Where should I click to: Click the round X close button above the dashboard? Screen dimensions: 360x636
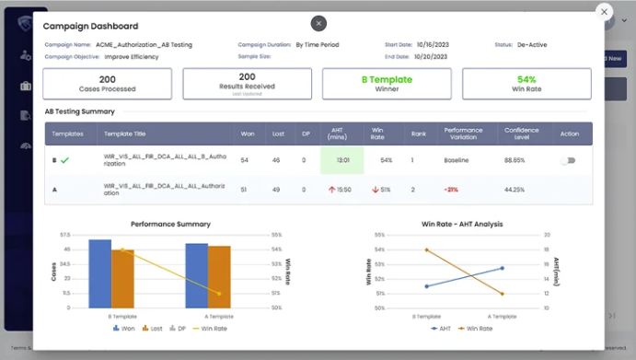click(x=318, y=23)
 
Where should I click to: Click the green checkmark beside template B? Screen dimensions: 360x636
click(x=64, y=160)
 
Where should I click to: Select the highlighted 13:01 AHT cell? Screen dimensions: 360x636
click(x=341, y=160)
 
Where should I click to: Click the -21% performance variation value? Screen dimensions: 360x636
click(x=451, y=190)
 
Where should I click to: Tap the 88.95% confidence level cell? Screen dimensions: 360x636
click(x=515, y=160)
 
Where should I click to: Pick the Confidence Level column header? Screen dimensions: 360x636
click(x=521, y=134)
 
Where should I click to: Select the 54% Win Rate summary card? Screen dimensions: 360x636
click(x=526, y=84)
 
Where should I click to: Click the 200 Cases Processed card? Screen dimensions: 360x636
click(x=108, y=84)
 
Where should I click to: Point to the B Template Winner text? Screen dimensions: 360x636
click(x=387, y=84)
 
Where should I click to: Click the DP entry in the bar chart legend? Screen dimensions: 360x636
click(x=180, y=328)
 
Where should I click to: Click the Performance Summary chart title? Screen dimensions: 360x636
click(x=170, y=224)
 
